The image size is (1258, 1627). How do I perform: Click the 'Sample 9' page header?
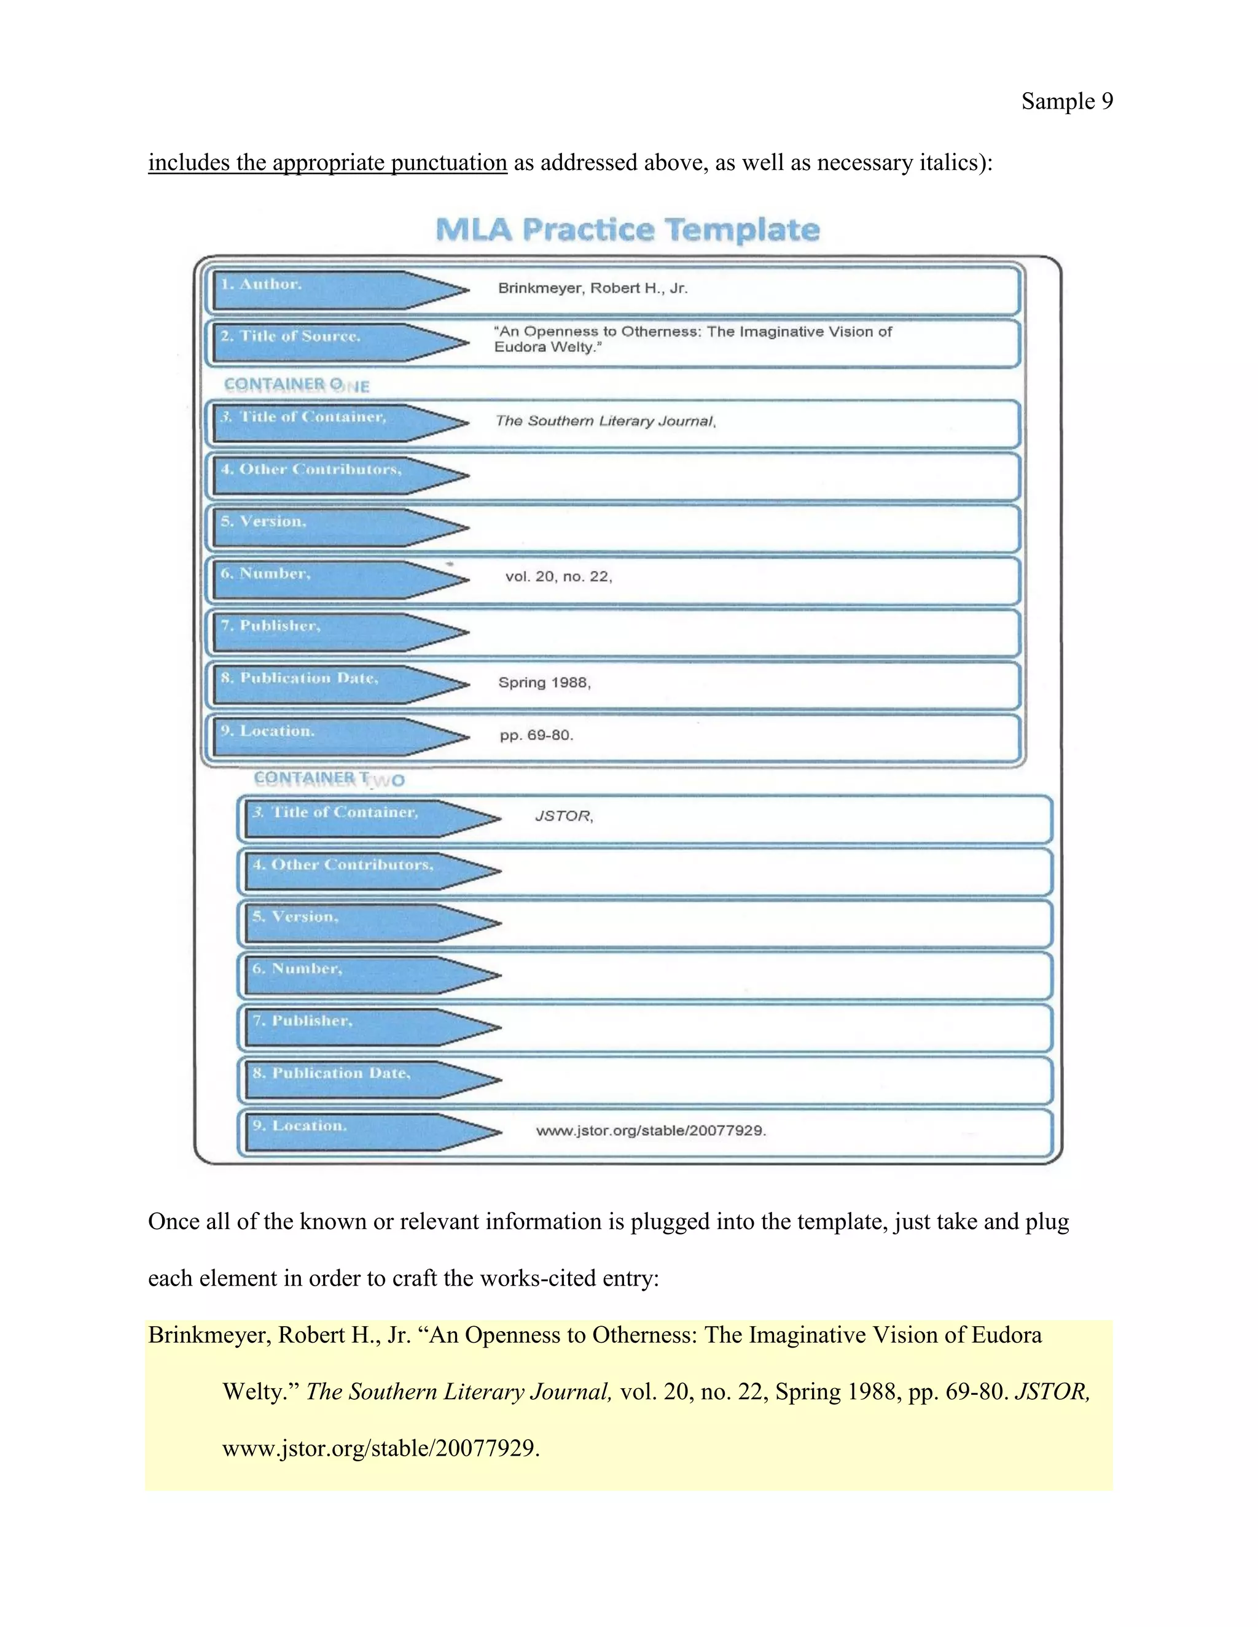1066,101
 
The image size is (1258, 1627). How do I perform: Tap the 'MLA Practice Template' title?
628,230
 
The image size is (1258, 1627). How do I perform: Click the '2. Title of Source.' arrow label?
291,336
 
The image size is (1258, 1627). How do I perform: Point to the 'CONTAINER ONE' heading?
297,385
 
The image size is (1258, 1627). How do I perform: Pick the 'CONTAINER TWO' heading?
329,779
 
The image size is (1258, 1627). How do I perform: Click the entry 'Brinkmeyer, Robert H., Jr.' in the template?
593,289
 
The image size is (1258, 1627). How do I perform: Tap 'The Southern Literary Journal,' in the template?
605,421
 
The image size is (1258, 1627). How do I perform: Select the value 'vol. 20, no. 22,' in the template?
558,577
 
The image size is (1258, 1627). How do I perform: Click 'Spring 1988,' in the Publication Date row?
544,682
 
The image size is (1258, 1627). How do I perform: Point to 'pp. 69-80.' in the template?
536,736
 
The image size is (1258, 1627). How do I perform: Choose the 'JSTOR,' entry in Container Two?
563,817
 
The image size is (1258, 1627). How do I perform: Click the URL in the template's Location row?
650,1130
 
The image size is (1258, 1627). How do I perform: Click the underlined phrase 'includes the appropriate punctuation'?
327,163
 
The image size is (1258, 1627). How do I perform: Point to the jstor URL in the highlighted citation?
381,1448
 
